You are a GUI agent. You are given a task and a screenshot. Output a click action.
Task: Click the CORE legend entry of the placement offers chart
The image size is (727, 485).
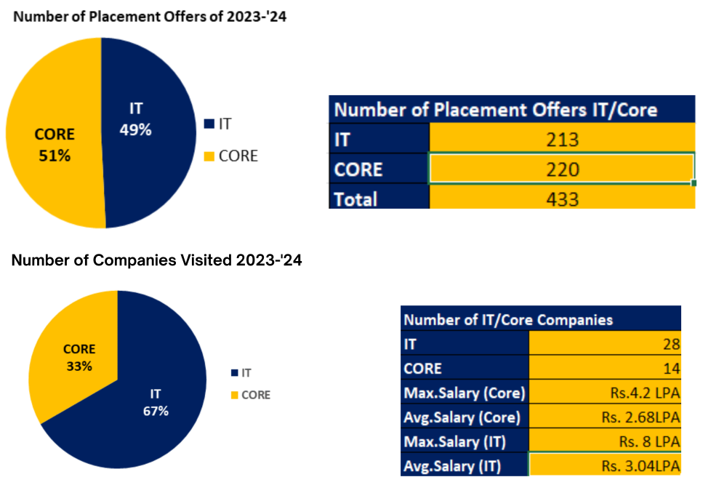(233, 156)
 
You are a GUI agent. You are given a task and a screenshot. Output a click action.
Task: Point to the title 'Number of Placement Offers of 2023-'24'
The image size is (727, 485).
(150, 16)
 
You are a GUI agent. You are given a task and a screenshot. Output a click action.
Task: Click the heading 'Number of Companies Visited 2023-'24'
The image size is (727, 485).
(156, 260)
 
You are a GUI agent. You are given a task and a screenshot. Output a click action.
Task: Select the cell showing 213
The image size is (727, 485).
(561, 140)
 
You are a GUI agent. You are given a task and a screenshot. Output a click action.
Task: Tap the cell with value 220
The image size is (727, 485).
(561, 169)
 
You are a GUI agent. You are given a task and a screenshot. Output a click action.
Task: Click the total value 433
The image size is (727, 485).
(561, 198)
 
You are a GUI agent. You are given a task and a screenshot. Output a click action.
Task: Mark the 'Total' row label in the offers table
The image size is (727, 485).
(356, 198)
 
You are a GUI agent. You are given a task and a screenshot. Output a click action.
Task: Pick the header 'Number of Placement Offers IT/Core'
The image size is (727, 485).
(494, 110)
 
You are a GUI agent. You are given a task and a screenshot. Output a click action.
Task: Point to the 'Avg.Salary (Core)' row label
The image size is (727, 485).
(462, 417)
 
